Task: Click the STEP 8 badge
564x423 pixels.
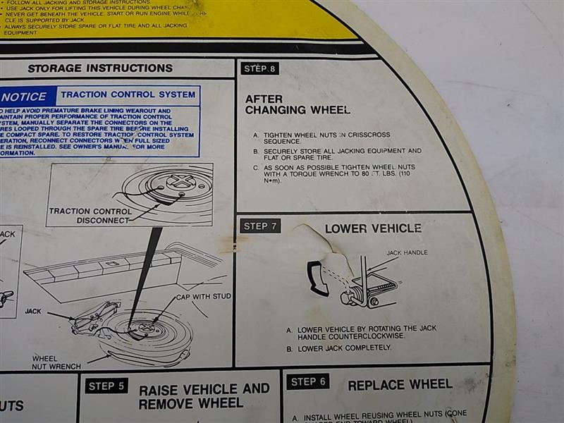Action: pos(259,68)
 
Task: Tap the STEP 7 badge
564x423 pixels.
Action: pos(260,226)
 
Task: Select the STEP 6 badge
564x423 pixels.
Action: pos(307,381)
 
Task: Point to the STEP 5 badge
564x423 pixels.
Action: pos(106,386)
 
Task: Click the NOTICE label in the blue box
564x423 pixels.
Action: pos(24,97)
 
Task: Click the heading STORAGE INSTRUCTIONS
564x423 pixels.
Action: pos(100,68)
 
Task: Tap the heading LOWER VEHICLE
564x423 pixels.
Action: pos(373,228)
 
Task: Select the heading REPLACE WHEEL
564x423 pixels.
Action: pos(400,384)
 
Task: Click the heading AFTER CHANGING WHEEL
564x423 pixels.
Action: pos(297,104)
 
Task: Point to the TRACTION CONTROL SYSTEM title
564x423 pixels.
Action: pos(128,94)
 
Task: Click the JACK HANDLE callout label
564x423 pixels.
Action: pos(407,252)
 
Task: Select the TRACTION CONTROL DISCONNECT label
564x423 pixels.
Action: pos(90,215)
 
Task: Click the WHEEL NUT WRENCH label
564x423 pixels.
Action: pos(56,362)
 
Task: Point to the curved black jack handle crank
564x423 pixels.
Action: pos(317,278)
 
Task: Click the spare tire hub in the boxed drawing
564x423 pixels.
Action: pos(180,182)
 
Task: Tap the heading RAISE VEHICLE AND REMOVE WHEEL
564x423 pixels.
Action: pos(204,396)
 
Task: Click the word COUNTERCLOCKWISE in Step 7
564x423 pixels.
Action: pos(372,336)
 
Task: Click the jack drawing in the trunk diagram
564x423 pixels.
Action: pos(96,314)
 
